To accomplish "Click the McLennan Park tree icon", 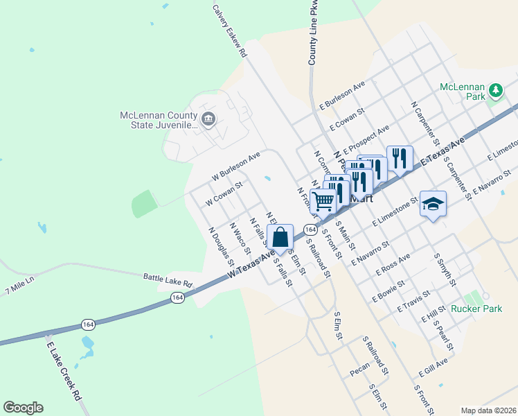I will [496, 91].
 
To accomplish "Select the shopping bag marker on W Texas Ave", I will [280, 238].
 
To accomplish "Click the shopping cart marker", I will [323, 201].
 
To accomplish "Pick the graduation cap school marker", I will [433, 204].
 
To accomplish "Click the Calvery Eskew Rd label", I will [230, 31].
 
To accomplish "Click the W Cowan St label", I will [223, 194].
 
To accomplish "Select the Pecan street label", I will [359, 372].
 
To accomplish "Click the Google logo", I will [23, 408].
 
